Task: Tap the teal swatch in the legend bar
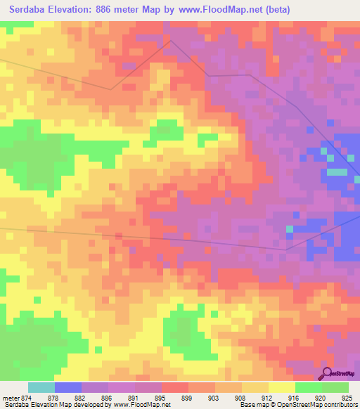pyautogui.click(x=41, y=387)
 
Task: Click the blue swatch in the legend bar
pyautogui.click(x=67, y=387)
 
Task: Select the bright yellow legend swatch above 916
pyautogui.click(x=281, y=387)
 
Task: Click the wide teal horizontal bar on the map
pyautogui.click(x=337, y=171)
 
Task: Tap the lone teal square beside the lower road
pyautogui.click(x=289, y=229)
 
